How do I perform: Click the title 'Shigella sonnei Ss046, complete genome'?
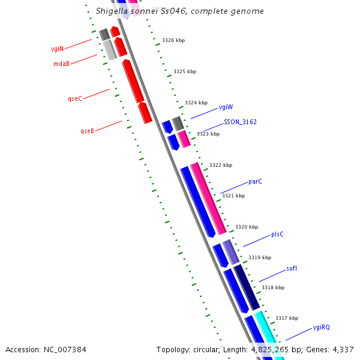click(x=179, y=11)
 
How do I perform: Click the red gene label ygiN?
click(x=57, y=49)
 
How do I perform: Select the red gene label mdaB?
click(x=61, y=64)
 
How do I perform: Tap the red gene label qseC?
click(x=75, y=98)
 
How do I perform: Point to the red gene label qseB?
click(x=87, y=131)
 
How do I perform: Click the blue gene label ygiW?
click(x=226, y=107)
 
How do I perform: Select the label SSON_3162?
click(x=240, y=122)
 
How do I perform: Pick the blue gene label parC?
click(x=255, y=181)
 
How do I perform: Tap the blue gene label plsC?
click(x=277, y=234)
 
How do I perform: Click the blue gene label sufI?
click(x=291, y=268)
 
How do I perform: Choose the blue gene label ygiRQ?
click(x=321, y=328)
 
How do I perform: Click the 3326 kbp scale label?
click(x=173, y=40)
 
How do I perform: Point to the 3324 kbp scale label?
click(x=196, y=103)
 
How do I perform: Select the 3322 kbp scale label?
click(x=220, y=165)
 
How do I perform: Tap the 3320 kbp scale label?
click(x=246, y=227)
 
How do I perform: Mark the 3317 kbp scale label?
click(x=287, y=318)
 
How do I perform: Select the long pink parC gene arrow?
click(x=208, y=198)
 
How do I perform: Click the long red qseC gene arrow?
click(x=133, y=80)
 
